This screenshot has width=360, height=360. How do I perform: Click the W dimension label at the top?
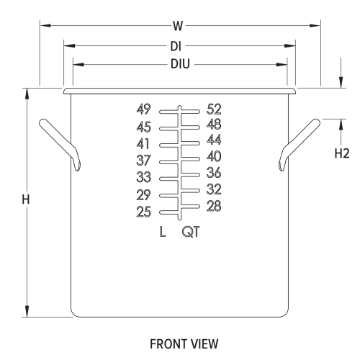coord(178,26)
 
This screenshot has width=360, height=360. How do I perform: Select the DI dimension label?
coord(176,46)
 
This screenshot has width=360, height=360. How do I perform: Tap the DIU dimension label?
coord(180,64)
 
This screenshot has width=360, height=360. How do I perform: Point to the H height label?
coord(26,199)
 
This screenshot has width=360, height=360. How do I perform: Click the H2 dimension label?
coord(342,153)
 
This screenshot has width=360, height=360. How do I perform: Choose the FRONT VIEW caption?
coord(184,344)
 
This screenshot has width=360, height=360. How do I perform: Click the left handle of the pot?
coord(60,144)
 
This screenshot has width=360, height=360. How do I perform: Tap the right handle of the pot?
coord(300,144)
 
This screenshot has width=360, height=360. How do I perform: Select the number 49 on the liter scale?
coord(143,109)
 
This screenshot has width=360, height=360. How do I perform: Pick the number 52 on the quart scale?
coord(214,109)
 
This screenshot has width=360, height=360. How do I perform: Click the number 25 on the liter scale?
coord(143,212)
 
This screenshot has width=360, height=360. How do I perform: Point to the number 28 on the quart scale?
coord(214,206)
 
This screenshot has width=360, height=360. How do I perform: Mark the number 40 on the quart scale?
coord(214,156)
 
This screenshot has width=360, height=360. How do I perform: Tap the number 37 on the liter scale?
coord(143,161)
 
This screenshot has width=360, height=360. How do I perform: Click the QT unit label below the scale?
coord(191,232)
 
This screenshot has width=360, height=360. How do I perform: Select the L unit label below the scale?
coord(163,232)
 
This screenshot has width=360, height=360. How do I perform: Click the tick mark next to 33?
coord(168,179)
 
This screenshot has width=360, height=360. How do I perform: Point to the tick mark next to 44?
coord(190,143)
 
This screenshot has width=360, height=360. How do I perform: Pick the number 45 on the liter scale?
coord(143,127)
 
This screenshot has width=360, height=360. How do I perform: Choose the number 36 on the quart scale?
coord(214,173)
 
